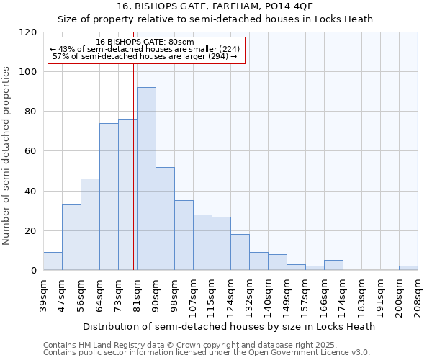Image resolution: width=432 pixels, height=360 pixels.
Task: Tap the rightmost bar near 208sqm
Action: click(408, 268)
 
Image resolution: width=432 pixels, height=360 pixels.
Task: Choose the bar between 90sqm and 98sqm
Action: click(165, 219)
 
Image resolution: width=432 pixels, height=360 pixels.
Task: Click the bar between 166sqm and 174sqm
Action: click(333, 265)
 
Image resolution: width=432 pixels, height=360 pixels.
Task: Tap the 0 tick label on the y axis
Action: click(33, 271)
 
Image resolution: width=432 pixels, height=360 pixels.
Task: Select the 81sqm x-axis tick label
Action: click(137, 296)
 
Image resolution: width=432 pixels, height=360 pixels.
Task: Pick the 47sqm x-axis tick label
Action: click(62, 296)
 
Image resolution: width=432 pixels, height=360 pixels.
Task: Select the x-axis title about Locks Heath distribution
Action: click(229, 326)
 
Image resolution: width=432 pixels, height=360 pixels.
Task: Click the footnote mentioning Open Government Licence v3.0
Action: click(207, 353)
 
